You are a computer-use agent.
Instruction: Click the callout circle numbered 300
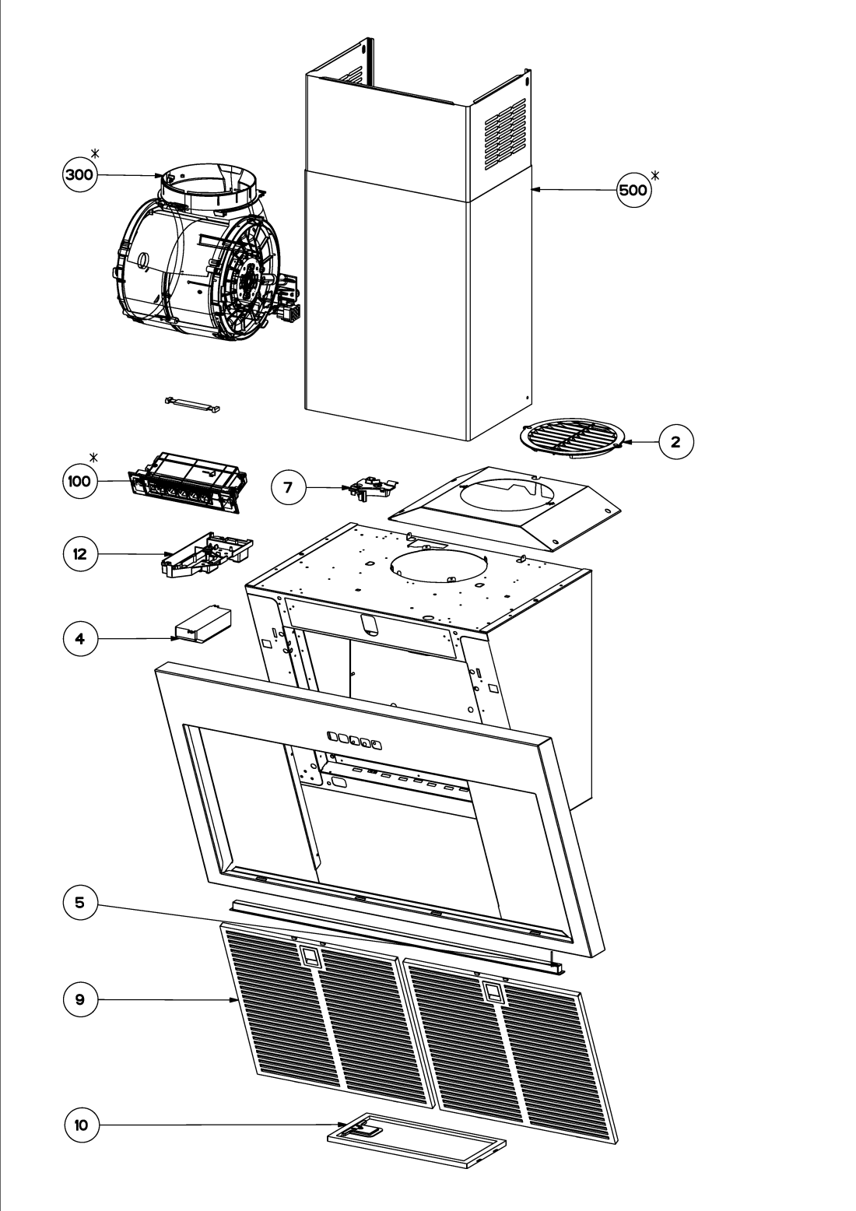tap(80, 174)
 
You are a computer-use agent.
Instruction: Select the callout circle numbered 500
tap(633, 190)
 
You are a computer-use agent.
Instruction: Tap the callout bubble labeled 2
tap(676, 442)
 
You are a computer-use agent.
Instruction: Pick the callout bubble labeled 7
tap(289, 487)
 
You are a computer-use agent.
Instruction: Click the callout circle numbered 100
tap(80, 481)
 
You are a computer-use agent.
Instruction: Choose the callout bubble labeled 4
tap(80, 638)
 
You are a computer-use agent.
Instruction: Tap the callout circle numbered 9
tap(80, 999)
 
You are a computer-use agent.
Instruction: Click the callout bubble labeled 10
tap(81, 1125)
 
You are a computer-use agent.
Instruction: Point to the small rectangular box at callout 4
tap(202, 626)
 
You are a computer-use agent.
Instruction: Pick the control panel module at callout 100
tap(188, 483)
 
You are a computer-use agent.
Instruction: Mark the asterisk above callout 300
tap(95, 153)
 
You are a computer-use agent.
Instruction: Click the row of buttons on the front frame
tap(355, 739)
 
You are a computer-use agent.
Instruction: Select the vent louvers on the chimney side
tap(505, 135)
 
